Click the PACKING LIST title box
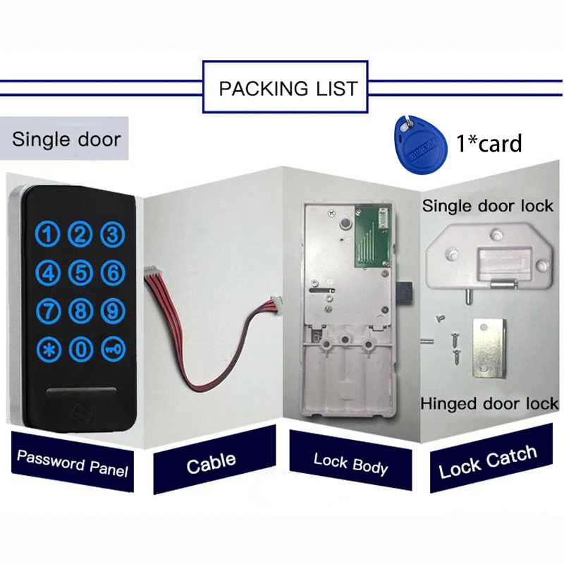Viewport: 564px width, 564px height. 286,87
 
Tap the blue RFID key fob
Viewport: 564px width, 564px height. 420,145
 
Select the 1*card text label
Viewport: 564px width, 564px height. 489,143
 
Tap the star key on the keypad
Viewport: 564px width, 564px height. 48,349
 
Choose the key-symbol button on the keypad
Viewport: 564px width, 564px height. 113,349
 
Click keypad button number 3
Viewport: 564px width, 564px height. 113,235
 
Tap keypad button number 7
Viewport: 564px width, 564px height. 48,311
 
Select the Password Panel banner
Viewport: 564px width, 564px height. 73,462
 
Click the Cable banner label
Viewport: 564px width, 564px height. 215,460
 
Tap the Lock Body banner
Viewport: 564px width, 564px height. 350,461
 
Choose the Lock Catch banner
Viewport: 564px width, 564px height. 491,459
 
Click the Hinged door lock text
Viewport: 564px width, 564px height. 489,403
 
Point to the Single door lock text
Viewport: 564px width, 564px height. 488,206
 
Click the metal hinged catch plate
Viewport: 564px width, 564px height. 489,348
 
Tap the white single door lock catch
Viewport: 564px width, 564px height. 489,256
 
